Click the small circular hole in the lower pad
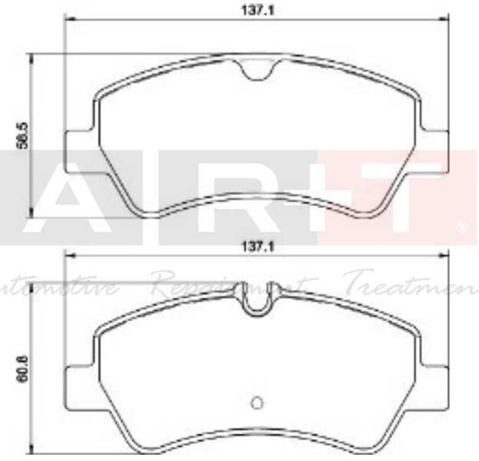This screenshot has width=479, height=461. (257, 402)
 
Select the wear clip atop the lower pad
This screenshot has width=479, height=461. (255, 299)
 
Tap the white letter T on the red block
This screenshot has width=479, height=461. (395, 195)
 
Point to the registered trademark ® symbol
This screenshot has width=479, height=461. (462, 227)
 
